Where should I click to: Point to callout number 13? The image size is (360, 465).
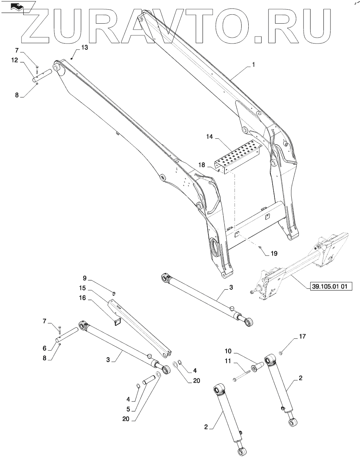(x=84, y=47)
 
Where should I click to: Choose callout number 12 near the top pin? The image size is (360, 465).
(x=14, y=60)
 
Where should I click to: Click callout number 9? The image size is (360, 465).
(x=84, y=278)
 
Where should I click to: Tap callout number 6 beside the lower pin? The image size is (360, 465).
(x=45, y=348)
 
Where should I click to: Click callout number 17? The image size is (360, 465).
(x=302, y=337)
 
